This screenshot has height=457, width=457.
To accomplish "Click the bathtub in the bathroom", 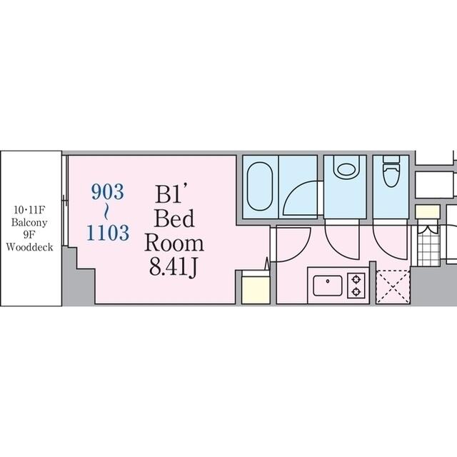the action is tap(260, 186).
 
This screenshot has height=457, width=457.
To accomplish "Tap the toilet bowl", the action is tap(391, 171).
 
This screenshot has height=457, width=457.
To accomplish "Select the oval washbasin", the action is tap(346, 169).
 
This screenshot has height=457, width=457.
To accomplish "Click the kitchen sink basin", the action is tap(328, 286).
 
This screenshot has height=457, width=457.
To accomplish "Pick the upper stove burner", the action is tap(356, 280).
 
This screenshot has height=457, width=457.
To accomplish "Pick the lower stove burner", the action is tap(356, 291).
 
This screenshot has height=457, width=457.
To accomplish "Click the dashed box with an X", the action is tap(393, 287).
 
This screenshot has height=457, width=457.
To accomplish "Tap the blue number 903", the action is tap(108, 192).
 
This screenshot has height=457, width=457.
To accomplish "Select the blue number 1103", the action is tap(108, 233).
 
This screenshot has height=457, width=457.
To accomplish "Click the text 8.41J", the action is tap(174, 268).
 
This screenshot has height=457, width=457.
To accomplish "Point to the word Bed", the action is tap(174, 219).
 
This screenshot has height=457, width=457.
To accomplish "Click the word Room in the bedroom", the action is tap(174, 243).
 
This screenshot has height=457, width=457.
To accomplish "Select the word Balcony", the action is tap(29, 223).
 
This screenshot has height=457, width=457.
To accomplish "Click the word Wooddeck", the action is tap(29, 248).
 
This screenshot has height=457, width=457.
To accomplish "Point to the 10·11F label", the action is tap(29, 210).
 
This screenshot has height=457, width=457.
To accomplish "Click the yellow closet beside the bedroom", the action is tap(256, 290).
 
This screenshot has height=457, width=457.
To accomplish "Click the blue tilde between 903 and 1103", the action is tap(107, 213).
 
